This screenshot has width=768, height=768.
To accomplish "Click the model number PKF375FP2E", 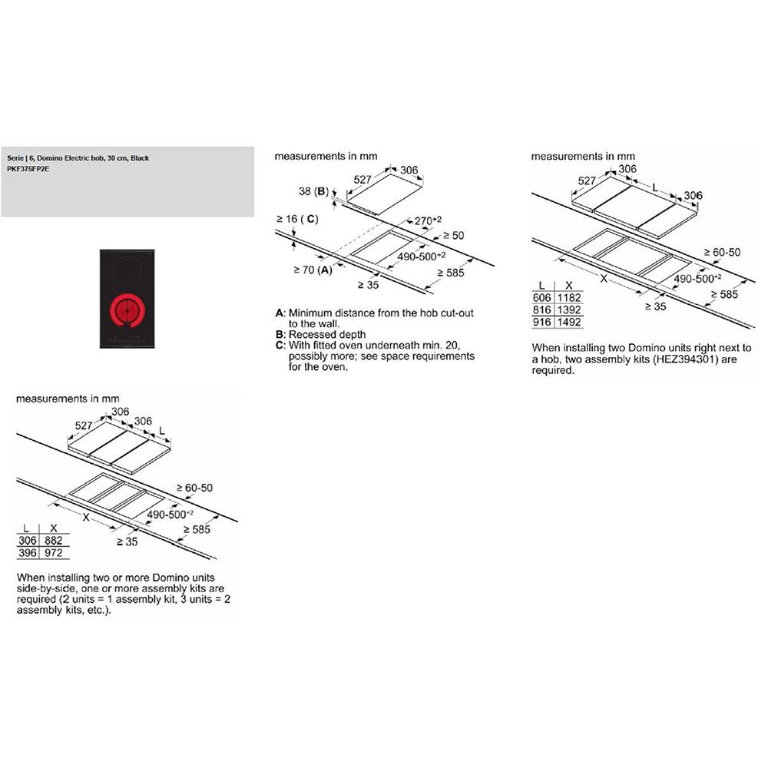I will pyautogui.click(x=25, y=167).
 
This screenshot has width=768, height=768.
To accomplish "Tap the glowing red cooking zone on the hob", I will pyautogui.click(x=128, y=311).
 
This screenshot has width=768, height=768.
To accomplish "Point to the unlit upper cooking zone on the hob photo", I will pyautogui.click(x=125, y=269).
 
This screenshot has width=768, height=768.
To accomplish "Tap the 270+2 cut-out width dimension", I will pyautogui.click(x=428, y=220).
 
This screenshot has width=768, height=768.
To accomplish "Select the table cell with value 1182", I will pyautogui.click(x=569, y=297).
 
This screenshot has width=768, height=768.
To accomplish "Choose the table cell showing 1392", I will pyautogui.click(x=569, y=310).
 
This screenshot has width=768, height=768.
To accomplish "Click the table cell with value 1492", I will pyautogui.click(x=569, y=323).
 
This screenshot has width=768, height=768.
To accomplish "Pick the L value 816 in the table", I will pyautogui.click(x=542, y=310).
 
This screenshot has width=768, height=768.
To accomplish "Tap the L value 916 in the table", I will pyautogui.click(x=542, y=323).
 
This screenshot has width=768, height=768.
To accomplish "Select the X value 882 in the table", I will pyautogui.click(x=55, y=541).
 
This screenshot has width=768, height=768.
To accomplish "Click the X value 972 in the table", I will pyautogui.click(x=55, y=553).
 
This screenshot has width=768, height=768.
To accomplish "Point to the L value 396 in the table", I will pyautogui.click(x=28, y=553).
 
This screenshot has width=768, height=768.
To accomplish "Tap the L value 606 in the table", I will pyautogui.click(x=542, y=297).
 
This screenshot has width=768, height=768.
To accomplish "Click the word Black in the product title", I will pyautogui.click(x=140, y=158).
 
